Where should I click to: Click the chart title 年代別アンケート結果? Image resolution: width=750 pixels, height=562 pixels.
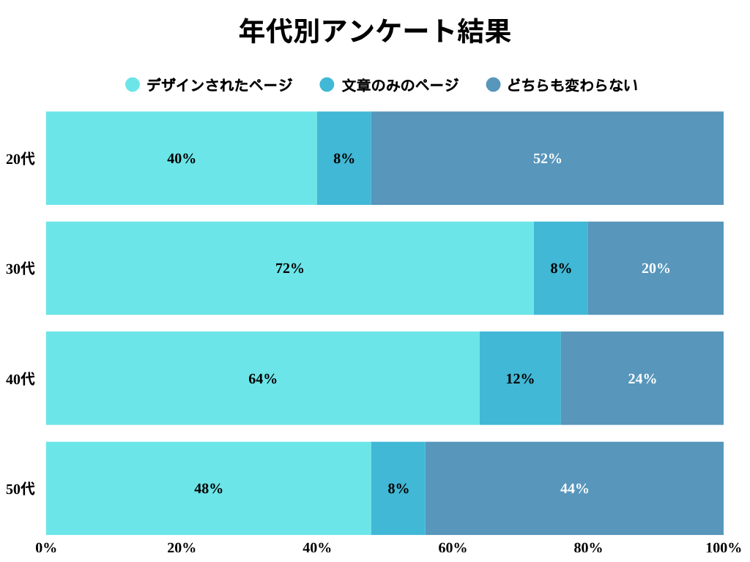[x=374, y=31]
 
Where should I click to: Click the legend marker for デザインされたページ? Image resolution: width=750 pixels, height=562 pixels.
[x=133, y=85]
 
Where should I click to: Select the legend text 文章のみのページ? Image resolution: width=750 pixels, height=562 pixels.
[x=400, y=85]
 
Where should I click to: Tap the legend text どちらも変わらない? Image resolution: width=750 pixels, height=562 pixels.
[x=572, y=85]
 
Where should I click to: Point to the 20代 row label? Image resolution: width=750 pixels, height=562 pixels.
[x=20, y=159]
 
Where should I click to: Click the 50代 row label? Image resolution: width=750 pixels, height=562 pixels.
[x=20, y=489]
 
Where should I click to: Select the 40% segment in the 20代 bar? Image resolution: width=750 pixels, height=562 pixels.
[x=181, y=158]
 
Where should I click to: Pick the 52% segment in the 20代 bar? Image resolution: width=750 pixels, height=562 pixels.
[x=547, y=158]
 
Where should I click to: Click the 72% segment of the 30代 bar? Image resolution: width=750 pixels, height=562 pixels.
[x=289, y=269]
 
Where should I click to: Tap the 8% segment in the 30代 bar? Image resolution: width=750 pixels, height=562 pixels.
[x=561, y=269]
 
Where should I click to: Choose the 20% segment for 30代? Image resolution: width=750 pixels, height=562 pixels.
[x=656, y=269]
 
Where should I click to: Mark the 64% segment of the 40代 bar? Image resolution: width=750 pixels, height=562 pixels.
[x=262, y=378]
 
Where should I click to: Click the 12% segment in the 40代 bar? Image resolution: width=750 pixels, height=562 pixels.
[x=520, y=378]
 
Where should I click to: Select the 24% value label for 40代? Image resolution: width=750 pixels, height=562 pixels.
[x=642, y=379]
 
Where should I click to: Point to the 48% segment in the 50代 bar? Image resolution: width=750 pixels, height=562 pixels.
[x=208, y=488]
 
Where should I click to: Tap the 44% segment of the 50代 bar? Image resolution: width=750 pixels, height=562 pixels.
[x=574, y=488]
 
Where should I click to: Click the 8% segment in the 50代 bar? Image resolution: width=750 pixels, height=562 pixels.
[x=398, y=488]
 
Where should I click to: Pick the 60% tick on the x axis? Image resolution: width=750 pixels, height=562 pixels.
[x=453, y=548]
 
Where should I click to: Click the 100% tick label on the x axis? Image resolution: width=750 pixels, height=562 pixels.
[x=723, y=548]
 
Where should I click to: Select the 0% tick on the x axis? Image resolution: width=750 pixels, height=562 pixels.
[x=46, y=548]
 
